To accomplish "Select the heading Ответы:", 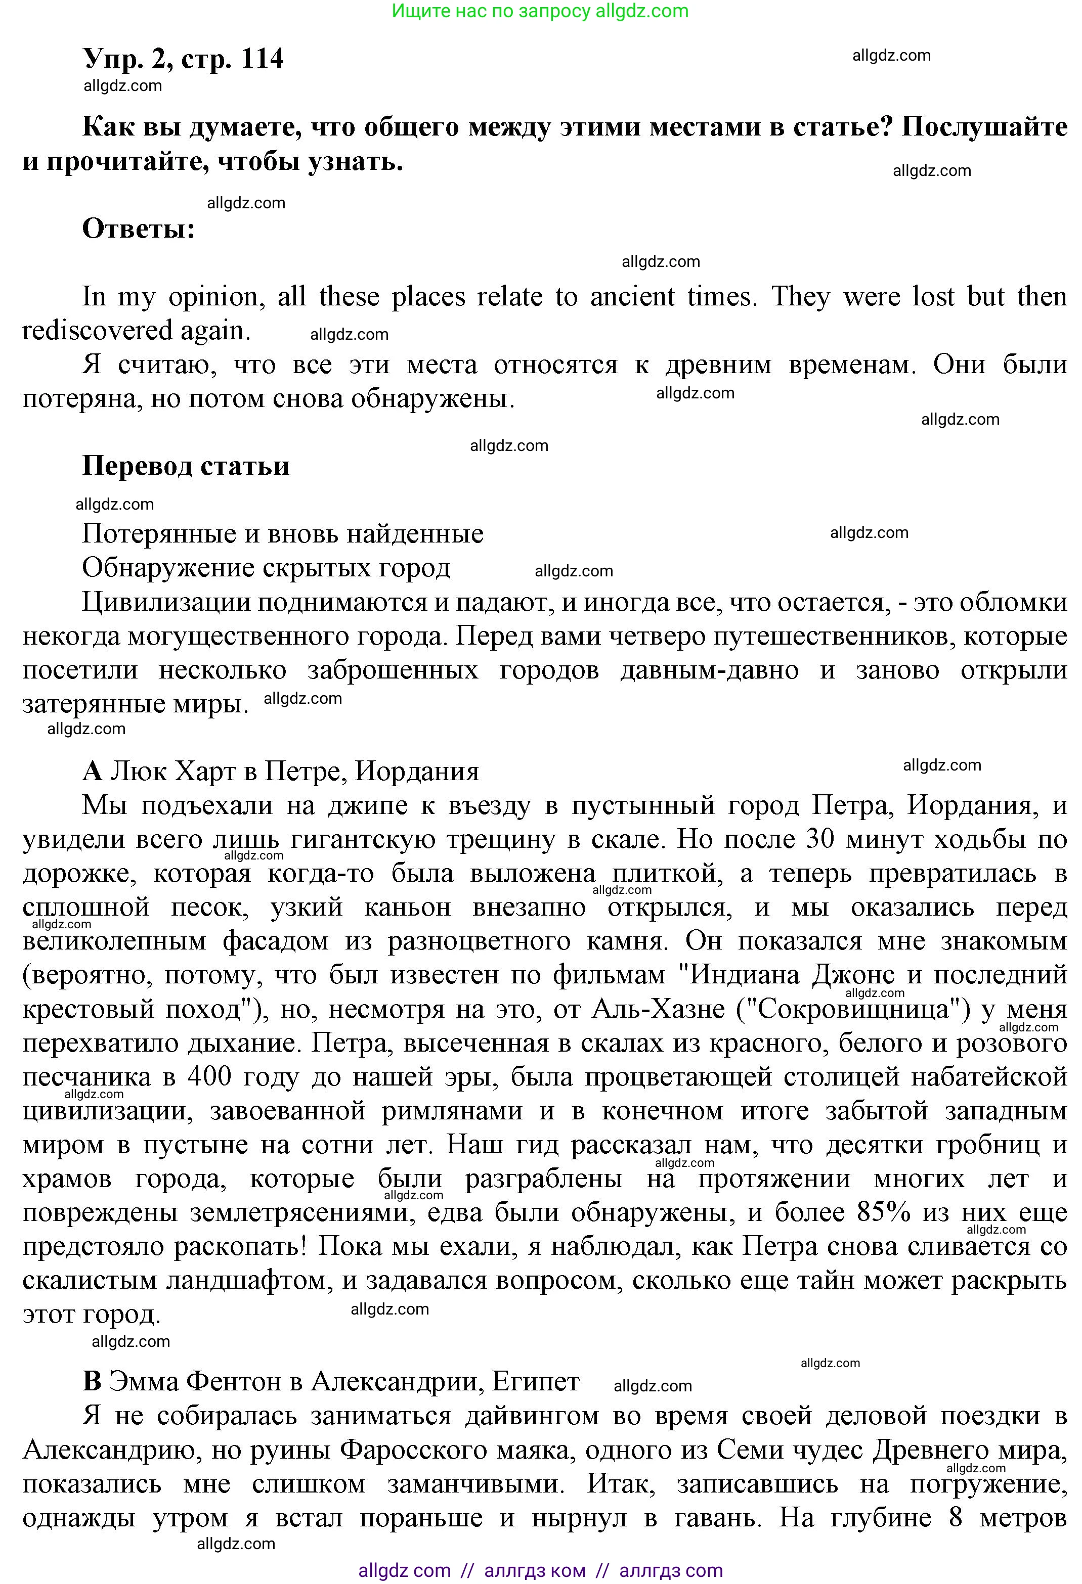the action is pyautogui.click(x=139, y=229).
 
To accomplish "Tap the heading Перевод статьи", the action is pyautogui.click(x=186, y=466).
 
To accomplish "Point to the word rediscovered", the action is pyautogui.click(x=98, y=331).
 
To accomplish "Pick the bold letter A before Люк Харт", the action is pyautogui.click(x=92, y=772).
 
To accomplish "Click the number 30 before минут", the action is pyautogui.click(x=819, y=840).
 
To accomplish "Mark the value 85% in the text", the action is pyautogui.click(x=882, y=1212).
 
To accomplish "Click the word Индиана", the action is pyautogui.click(x=745, y=975).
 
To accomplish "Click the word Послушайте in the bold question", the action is pyautogui.click(x=984, y=127).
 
